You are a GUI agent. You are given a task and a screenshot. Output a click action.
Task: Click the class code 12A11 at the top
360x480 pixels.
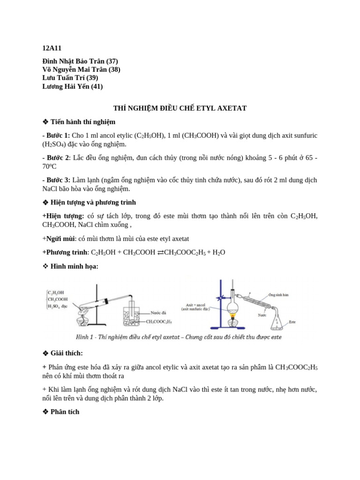52,48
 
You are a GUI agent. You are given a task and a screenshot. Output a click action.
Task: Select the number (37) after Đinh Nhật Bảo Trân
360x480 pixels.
112,61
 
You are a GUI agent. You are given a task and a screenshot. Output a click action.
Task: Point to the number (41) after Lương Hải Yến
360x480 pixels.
97,86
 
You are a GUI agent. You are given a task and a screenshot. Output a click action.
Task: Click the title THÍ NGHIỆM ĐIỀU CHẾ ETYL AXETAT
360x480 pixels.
180,108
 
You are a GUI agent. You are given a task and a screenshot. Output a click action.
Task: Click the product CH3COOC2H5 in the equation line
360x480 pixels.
184,252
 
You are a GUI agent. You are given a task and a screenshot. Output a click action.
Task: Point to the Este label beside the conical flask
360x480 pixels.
292,322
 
